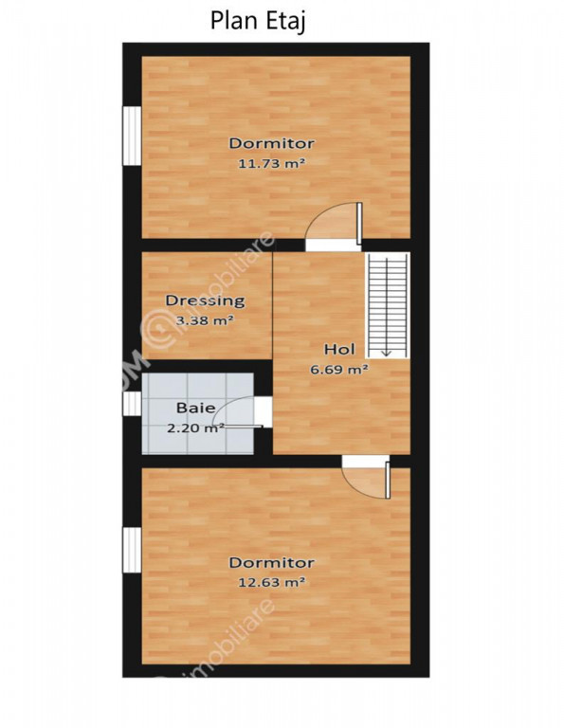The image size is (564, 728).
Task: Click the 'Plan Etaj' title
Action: coord(258,22)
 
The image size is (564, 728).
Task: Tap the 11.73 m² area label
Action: coord(272,163)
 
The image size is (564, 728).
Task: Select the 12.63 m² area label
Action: coord(272,582)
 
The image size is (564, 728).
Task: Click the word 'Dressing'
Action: coord(205,300)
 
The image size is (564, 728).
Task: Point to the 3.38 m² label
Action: coord(205,319)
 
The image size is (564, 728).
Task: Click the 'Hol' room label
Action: coord(339,349)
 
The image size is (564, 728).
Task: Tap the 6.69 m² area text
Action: coord(339,370)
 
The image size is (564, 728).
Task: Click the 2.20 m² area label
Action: coord(195,428)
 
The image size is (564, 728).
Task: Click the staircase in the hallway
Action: coord(388,305)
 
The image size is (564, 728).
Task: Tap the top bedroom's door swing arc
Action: coord(325,218)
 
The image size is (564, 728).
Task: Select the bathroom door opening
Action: coord(263,411)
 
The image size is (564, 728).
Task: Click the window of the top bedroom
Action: coord(132,136)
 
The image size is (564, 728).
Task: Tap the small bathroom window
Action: coord(132,404)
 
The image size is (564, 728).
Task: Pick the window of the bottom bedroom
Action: coord(132,550)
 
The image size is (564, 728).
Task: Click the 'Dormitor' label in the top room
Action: coord(271,143)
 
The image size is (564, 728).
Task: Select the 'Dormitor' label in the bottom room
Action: coord(271,563)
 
